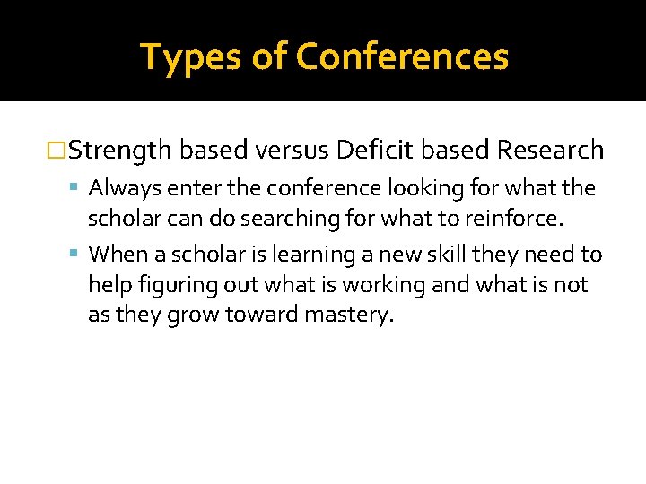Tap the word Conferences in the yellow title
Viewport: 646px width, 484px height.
402,57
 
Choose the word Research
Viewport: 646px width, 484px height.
550,151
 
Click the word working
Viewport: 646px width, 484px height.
370,285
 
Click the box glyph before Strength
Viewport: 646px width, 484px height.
58,151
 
